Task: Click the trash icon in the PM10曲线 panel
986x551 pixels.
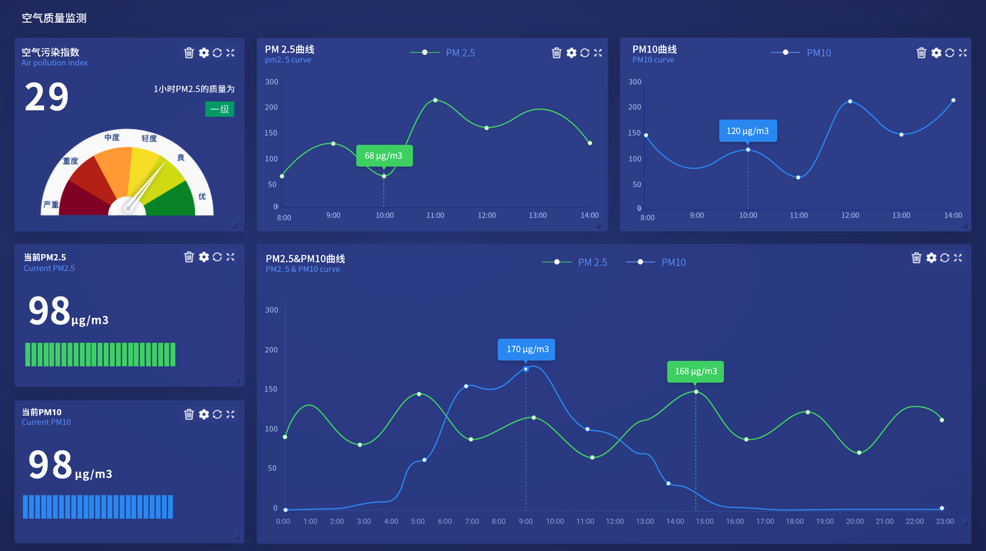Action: pos(921,53)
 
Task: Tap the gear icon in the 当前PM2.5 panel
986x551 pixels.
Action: pos(203,257)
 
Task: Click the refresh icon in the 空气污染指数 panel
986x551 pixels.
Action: pos(217,53)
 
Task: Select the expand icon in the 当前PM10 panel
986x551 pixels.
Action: pos(231,414)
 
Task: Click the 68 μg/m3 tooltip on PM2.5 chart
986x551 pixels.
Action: pos(384,156)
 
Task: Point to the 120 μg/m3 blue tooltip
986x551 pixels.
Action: pos(748,131)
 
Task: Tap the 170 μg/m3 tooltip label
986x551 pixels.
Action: pos(527,349)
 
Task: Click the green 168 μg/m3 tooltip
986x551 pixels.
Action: pos(696,371)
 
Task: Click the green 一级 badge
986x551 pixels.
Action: pos(220,109)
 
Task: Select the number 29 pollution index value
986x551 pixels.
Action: pos(46,97)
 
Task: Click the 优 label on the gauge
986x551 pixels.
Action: pos(202,196)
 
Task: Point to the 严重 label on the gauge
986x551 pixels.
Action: pos(51,205)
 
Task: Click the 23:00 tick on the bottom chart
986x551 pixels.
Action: pos(944,521)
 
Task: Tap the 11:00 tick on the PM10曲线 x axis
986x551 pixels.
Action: pos(799,215)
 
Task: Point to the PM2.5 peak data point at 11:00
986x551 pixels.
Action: pos(435,100)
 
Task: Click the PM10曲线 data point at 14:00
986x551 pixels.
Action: pos(953,100)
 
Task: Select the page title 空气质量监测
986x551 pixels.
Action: pos(54,18)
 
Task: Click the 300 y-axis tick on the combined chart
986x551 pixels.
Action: pos(272,310)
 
